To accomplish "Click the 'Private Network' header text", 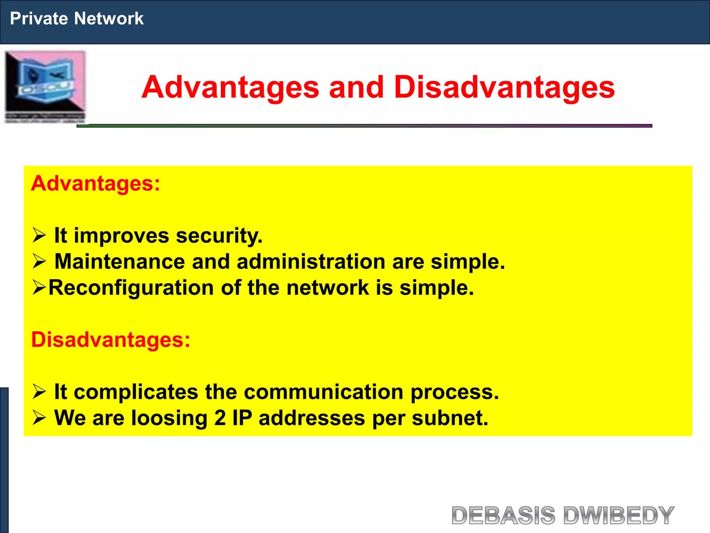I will point(77,18).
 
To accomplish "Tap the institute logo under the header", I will point(45,87).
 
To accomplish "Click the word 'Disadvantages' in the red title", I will point(504,87).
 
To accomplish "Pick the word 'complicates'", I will point(136,392).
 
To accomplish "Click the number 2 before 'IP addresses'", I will point(220,418).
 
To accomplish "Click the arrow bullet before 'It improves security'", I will point(39,236).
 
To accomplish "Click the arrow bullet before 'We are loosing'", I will point(39,418).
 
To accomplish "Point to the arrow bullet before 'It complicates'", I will point(39,392).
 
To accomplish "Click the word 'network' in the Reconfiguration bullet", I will point(328,288).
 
